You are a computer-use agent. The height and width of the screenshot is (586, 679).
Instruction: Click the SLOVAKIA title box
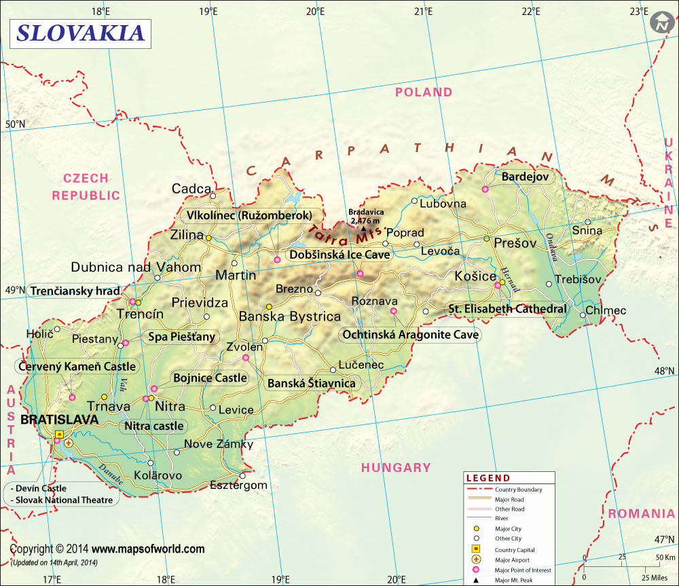pyautogui.click(x=80, y=33)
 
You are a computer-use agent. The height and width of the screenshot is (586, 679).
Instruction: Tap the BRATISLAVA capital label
pyautogui.click(x=60, y=420)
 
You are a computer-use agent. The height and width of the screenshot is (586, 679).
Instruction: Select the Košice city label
pyautogui.click(x=475, y=276)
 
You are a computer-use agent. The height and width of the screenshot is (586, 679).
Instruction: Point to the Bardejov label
pyautogui.click(x=528, y=177)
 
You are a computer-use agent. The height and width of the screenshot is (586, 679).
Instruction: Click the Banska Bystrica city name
pyautogui.click(x=290, y=316)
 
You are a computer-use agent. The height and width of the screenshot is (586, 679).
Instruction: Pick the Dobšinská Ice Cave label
pyautogui.click(x=340, y=255)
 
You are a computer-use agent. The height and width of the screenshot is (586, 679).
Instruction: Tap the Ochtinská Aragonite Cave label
pyautogui.click(x=410, y=335)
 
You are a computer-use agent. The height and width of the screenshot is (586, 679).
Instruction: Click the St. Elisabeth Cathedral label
pyautogui.click(x=507, y=309)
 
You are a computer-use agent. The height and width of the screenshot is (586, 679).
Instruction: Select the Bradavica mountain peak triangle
pyautogui.click(x=362, y=228)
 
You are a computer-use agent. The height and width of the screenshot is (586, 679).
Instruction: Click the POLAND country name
pyautogui.click(x=424, y=92)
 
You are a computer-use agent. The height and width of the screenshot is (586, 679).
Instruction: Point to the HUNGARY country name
pyautogui.click(x=396, y=467)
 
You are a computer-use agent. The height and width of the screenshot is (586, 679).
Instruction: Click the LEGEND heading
pyautogui.click(x=488, y=478)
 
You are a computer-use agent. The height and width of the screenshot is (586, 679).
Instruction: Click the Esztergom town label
pyautogui.click(x=238, y=486)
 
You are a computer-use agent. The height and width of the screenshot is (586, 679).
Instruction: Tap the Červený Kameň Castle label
pyautogui.click(x=77, y=367)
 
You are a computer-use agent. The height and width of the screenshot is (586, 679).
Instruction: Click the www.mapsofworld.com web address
pyautogui.click(x=148, y=549)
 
